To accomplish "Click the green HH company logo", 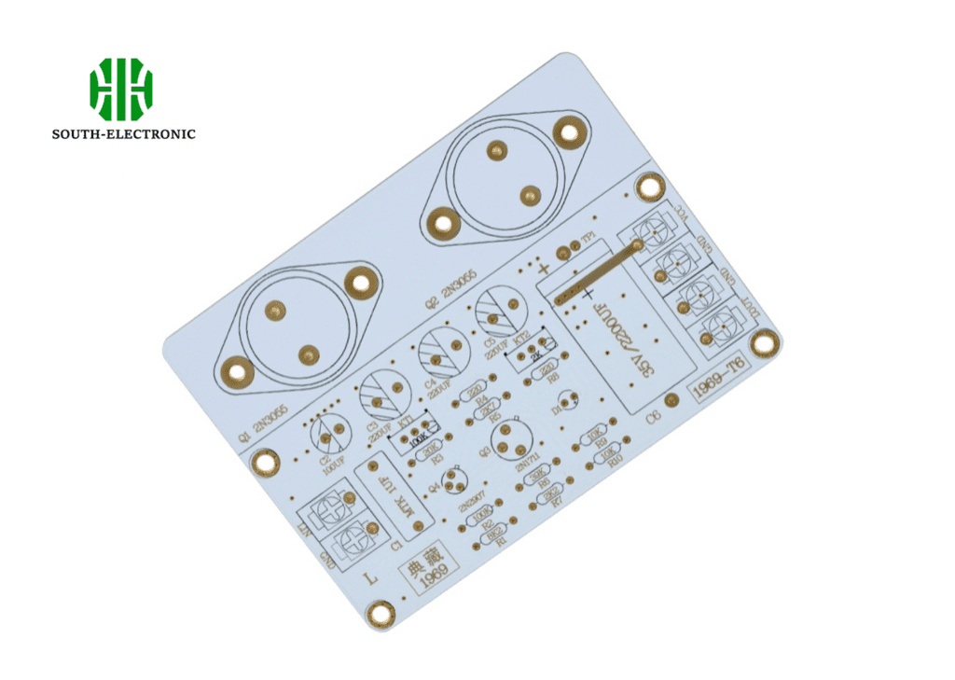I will (121, 90).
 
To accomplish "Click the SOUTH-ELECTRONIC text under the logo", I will (123, 134).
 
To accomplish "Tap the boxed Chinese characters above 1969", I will (422, 566).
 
